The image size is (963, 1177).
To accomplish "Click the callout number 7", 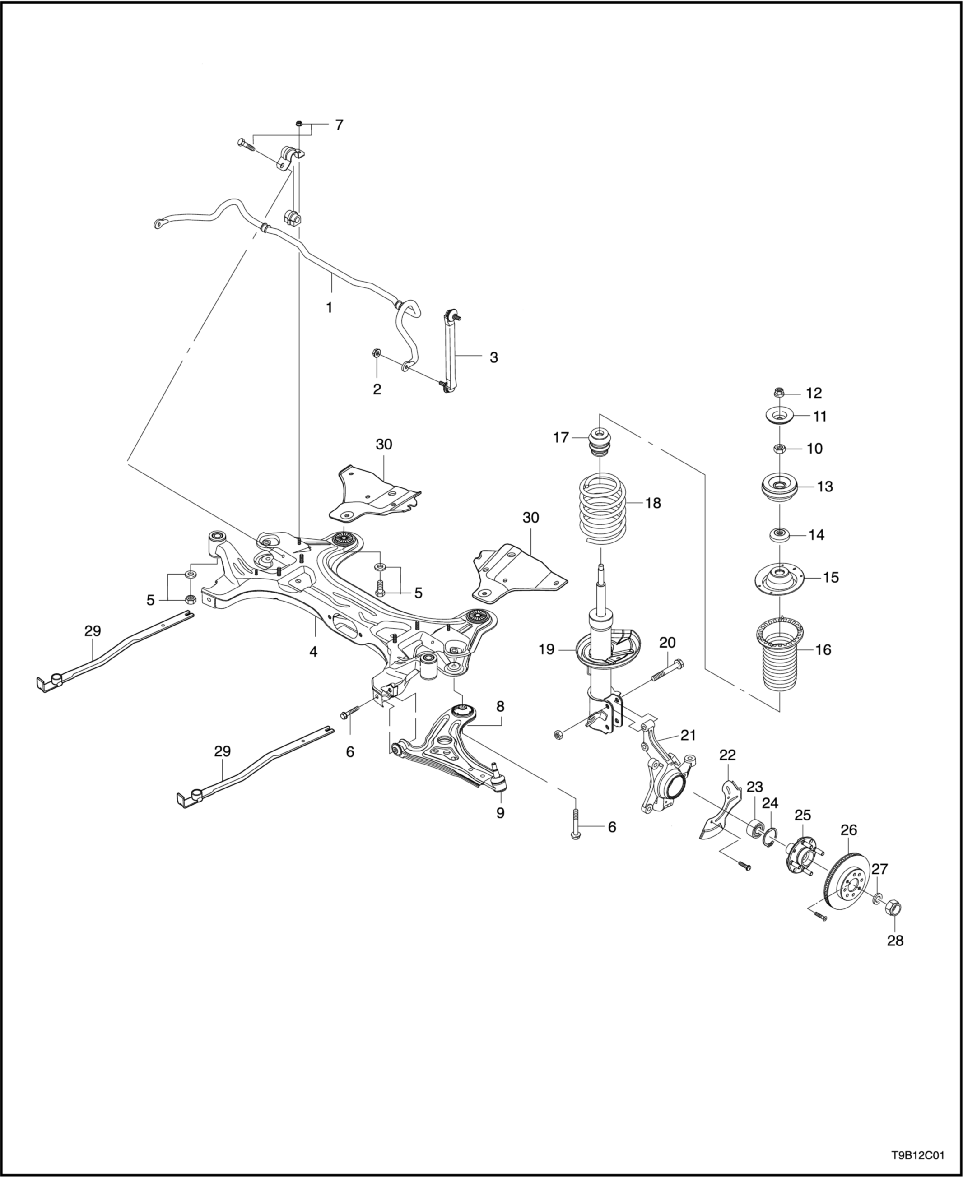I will click(339, 125).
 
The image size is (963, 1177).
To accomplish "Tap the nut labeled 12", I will click(778, 393).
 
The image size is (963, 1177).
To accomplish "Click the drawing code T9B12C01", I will click(917, 1155).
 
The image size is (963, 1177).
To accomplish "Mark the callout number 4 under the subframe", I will click(313, 653).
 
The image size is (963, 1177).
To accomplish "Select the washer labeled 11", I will click(779, 415).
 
